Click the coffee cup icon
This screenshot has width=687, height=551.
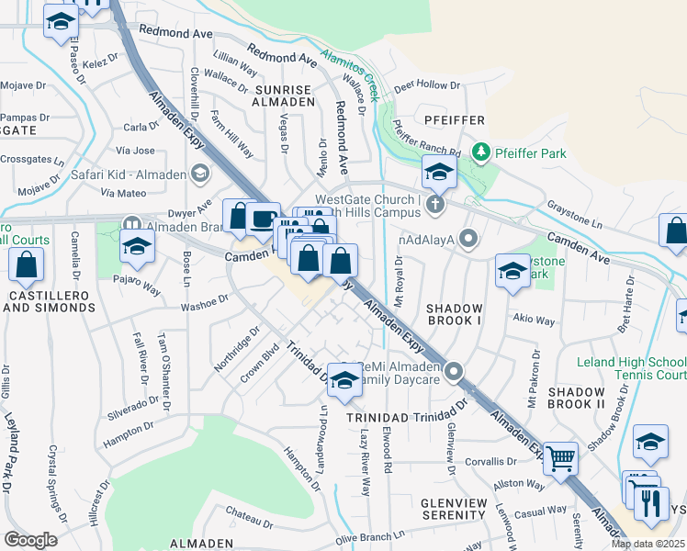[x=263, y=219]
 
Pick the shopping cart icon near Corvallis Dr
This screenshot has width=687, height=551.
[x=560, y=456]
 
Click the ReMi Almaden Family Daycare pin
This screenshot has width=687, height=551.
[x=453, y=372]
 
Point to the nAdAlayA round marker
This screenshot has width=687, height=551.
[x=469, y=240]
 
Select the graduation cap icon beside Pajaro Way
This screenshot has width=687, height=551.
[x=137, y=245]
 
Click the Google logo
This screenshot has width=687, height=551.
[x=30, y=539]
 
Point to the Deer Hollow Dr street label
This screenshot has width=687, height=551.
[x=427, y=85]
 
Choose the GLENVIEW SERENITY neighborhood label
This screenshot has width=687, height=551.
[x=458, y=511]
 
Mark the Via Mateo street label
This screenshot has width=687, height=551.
[x=124, y=193]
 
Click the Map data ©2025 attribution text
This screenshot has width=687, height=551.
[x=648, y=544]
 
